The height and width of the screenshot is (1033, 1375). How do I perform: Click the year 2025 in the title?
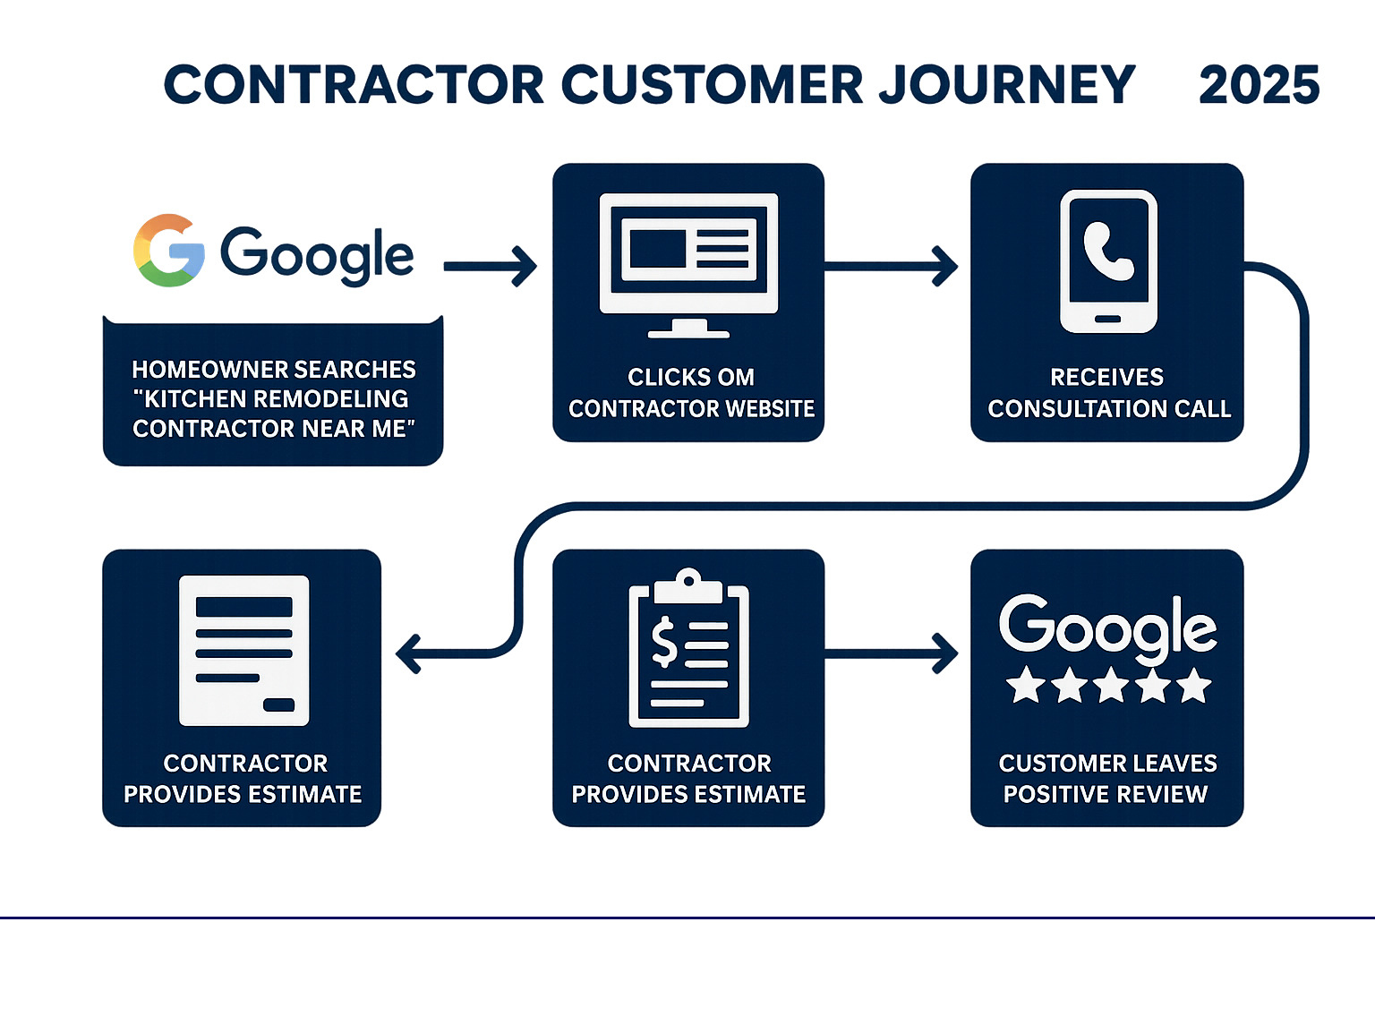(x=1258, y=86)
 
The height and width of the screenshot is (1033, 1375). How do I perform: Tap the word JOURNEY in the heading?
(x=1007, y=86)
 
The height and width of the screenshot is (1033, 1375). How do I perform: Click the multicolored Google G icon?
(x=169, y=251)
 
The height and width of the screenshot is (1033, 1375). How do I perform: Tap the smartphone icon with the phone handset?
(x=1108, y=260)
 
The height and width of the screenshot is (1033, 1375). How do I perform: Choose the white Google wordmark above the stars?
(x=1107, y=627)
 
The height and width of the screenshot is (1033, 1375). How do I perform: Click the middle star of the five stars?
(x=1110, y=686)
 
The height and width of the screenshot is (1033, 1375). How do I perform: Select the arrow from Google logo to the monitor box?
(x=491, y=266)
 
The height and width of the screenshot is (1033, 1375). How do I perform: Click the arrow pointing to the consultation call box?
(x=892, y=266)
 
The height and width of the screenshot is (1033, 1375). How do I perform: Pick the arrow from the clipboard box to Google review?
(x=892, y=653)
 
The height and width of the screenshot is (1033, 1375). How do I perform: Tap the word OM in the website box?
(x=736, y=378)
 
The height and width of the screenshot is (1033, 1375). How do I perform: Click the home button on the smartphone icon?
(x=1108, y=319)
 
